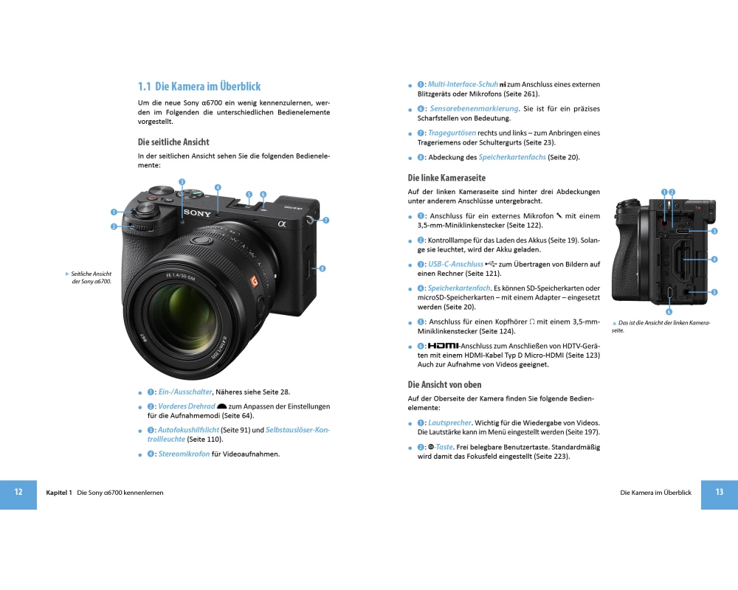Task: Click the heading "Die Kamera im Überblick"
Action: pos(207,86)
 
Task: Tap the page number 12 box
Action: pos(18,494)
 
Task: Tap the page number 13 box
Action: pos(719,494)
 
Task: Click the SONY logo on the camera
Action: pos(197,213)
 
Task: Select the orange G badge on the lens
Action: pos(255,281)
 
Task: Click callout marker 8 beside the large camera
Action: pos(323,268)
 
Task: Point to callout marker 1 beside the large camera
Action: pos(114,212)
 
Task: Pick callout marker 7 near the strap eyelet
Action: pos(326,221)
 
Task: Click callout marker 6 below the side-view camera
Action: pos(669,311)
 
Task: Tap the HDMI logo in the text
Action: pos(443,346)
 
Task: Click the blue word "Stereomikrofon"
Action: pos(184,454)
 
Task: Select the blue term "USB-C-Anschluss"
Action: pos(455,264)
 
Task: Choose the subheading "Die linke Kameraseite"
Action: pos(446,178)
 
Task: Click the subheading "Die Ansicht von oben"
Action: pos(444,385)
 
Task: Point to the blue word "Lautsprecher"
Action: pos(449,423)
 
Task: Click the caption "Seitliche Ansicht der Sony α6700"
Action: pos(91,277)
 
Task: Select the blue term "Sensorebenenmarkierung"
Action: pos(475,108)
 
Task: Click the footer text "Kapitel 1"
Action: pos(59,493)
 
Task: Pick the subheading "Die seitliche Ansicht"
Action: pos(173,142)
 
